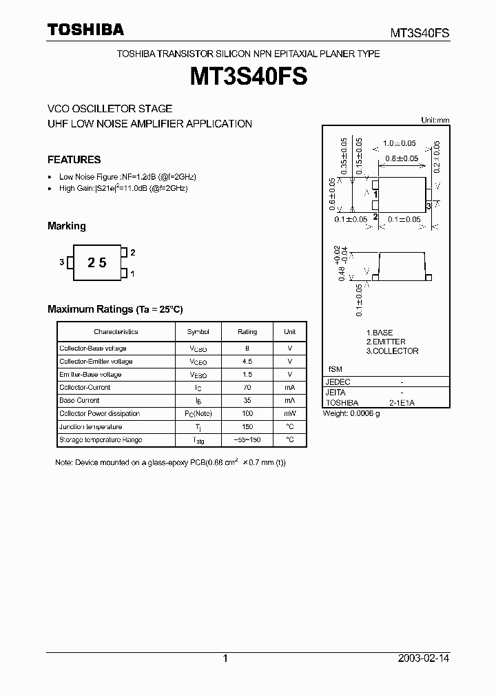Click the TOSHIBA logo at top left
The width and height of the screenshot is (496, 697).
[x=85, y=30]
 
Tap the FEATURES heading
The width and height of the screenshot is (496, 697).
[x=74, y=159]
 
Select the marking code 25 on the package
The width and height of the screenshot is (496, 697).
[x=97, y=262]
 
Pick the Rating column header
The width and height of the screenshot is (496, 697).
[x=247, y=331]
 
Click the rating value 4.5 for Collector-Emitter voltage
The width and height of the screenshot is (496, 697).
[x=247, y=361]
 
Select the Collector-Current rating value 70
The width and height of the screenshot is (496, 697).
[x=247, y=387]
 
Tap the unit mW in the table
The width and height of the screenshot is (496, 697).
[x=289, y=413]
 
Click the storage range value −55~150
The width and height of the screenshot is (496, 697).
[x=247, y=439]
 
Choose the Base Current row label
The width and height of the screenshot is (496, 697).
[x=79, y=400]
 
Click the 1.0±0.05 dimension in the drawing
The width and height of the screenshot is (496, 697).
[x=400, y=143]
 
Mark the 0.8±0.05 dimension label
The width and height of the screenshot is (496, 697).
[x=402, y=158]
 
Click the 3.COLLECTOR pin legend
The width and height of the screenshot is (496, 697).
[x=392, y=351]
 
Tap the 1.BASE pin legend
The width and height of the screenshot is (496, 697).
[x=380, y=333]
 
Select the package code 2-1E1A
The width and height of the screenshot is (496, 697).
[x=402, y=402]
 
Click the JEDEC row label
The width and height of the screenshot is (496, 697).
[x=338, y=382]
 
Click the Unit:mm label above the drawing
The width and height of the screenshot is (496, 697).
[x=435, y=120]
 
